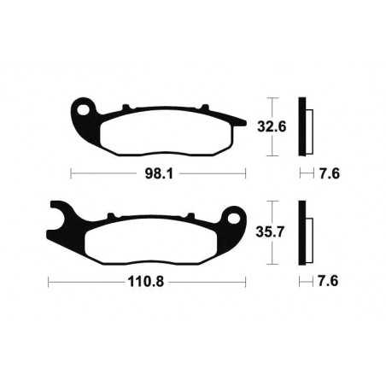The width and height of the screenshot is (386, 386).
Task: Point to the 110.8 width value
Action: coord(147,279)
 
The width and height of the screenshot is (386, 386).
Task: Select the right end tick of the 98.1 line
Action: coord(246,173)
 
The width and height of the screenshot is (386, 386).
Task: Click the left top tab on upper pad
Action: coord(126,108)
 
